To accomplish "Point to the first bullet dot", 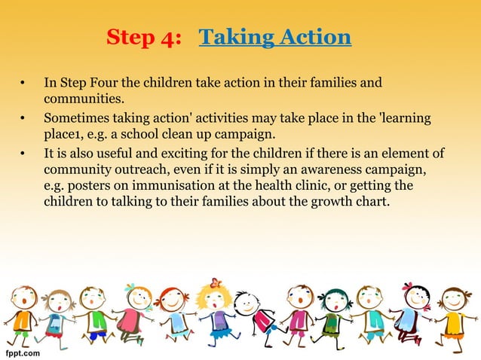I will pos(24,81).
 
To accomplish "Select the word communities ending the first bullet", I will pos(79,97).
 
